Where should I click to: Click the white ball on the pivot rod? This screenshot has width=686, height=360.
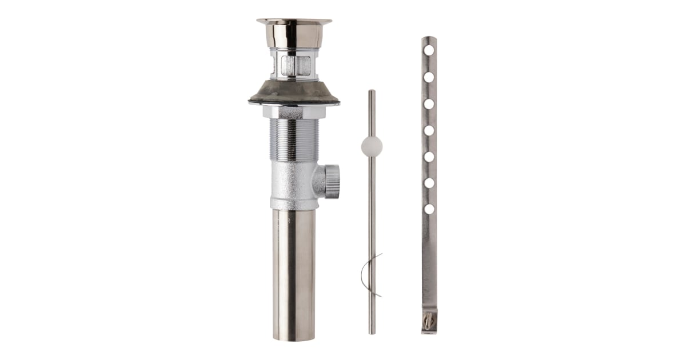click(372, 146)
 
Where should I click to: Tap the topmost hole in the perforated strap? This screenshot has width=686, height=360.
click(429, 50)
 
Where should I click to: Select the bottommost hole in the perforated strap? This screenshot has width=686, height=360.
click(429, 209)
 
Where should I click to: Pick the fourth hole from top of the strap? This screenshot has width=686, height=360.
click(429, 130)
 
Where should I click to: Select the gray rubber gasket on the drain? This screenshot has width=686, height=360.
click(294, 91)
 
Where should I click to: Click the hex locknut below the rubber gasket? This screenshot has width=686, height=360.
click(294, 112)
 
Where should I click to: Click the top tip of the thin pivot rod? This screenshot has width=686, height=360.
click(372, 91)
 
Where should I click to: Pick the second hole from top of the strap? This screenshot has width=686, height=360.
click(429, 77)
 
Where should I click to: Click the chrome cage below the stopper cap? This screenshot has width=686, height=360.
click(294, 64)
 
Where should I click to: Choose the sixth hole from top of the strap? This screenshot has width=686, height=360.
click(429, 183)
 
